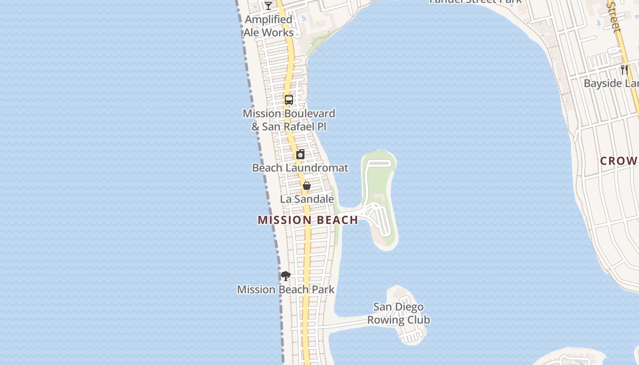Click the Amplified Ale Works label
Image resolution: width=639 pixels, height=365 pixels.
click(268, 26)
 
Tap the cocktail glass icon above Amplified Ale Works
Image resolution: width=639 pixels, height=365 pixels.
click(268, 5)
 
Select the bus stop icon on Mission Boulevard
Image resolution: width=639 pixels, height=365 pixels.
click(288, 99)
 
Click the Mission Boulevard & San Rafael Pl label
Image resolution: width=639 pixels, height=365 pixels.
click(288, 120)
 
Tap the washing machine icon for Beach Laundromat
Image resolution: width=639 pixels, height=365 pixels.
click(300, 154)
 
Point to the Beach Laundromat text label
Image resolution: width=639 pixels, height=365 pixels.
click(300, 168)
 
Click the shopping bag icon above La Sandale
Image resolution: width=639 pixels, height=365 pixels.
click(307, 186)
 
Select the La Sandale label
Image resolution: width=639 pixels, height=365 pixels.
click(307, 199)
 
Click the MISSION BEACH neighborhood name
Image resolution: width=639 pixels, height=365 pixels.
click(308, 220)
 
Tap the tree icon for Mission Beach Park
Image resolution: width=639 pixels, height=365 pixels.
click(286, 276)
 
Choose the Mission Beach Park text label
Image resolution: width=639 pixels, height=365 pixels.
click(286, 289)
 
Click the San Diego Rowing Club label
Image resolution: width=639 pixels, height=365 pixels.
click(398, 313)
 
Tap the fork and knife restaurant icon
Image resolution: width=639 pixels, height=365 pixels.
click(624, 70)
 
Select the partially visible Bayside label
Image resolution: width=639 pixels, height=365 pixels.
click(611, 83)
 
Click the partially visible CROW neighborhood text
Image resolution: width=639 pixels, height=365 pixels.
click(618, 161)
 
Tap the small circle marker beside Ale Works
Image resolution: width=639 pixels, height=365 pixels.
click(297, 34)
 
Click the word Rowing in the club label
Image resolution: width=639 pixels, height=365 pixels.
click(398, 320)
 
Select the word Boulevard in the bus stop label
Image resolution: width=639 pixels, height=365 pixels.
click(309, 114)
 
